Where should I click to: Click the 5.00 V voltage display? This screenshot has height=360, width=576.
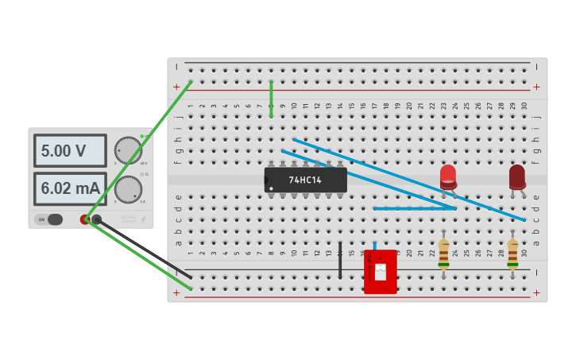coord(70,150)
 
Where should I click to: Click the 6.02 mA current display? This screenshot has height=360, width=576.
coord(70,188)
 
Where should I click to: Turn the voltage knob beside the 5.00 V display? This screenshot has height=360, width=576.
coord(128,150)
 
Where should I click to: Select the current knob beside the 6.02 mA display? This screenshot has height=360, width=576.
coord(128,189)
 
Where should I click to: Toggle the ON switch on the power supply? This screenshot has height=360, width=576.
coord(50,219)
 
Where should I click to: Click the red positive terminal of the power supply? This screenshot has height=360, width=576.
coord(85,219)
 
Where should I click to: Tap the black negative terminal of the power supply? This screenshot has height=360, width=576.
coord(97,219)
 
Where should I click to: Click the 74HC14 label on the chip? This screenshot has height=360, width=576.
coord(305,180)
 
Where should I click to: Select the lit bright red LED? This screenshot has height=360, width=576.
coord(448,176)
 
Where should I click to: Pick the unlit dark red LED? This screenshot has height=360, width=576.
coord(517,176)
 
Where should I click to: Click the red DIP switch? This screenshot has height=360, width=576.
coord(380,272)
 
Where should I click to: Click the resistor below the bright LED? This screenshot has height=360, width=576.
coord(443,253)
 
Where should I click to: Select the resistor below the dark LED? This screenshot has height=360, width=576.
coord(512,253)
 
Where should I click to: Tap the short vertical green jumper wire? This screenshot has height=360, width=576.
coord(271,99)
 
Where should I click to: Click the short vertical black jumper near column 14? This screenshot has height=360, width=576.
coord(340,261)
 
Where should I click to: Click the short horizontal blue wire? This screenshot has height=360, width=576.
coord(414,209)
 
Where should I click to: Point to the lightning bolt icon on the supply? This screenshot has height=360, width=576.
coord(142,219)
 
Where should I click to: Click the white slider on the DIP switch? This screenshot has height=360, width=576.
coord(381,272)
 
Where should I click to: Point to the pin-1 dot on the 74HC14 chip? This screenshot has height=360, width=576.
coord(272,188)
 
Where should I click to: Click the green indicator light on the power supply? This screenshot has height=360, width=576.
coord(142,136)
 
